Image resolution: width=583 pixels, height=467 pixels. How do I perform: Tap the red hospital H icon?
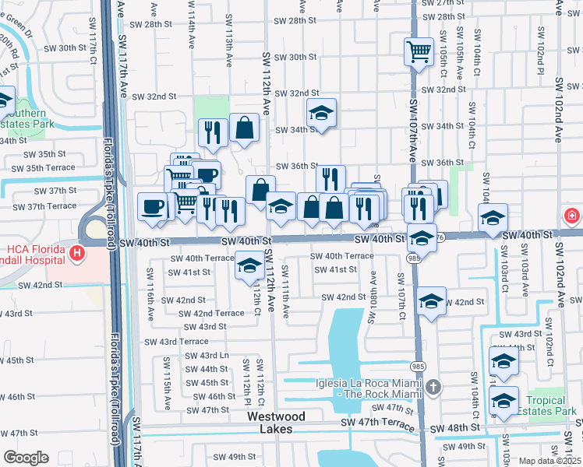pos(76,253)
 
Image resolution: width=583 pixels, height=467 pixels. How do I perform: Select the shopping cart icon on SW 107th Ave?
pos(419,52)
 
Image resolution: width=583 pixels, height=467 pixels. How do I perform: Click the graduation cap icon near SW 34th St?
pos(320,114)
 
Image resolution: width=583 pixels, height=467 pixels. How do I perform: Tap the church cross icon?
pos(433,387)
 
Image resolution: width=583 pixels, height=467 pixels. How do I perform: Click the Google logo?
pos(26,458)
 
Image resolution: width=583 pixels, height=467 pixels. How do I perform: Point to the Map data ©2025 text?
pos(549,461)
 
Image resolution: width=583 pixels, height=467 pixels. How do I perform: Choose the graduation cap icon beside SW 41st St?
pos(249,266)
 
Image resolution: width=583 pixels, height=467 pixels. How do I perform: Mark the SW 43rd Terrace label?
pos(173,341)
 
